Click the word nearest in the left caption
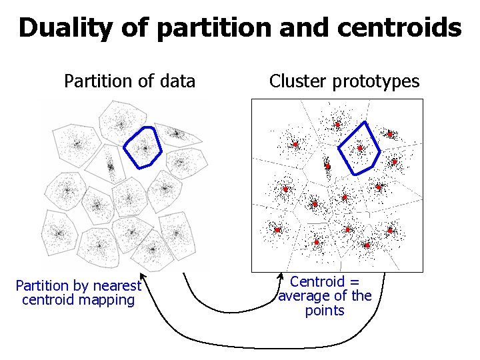click(119, 286)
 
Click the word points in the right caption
click(325, 311)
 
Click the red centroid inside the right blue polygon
click(360, 148)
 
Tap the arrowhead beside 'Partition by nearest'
click(142, 277)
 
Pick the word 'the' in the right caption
click(361, 296)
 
